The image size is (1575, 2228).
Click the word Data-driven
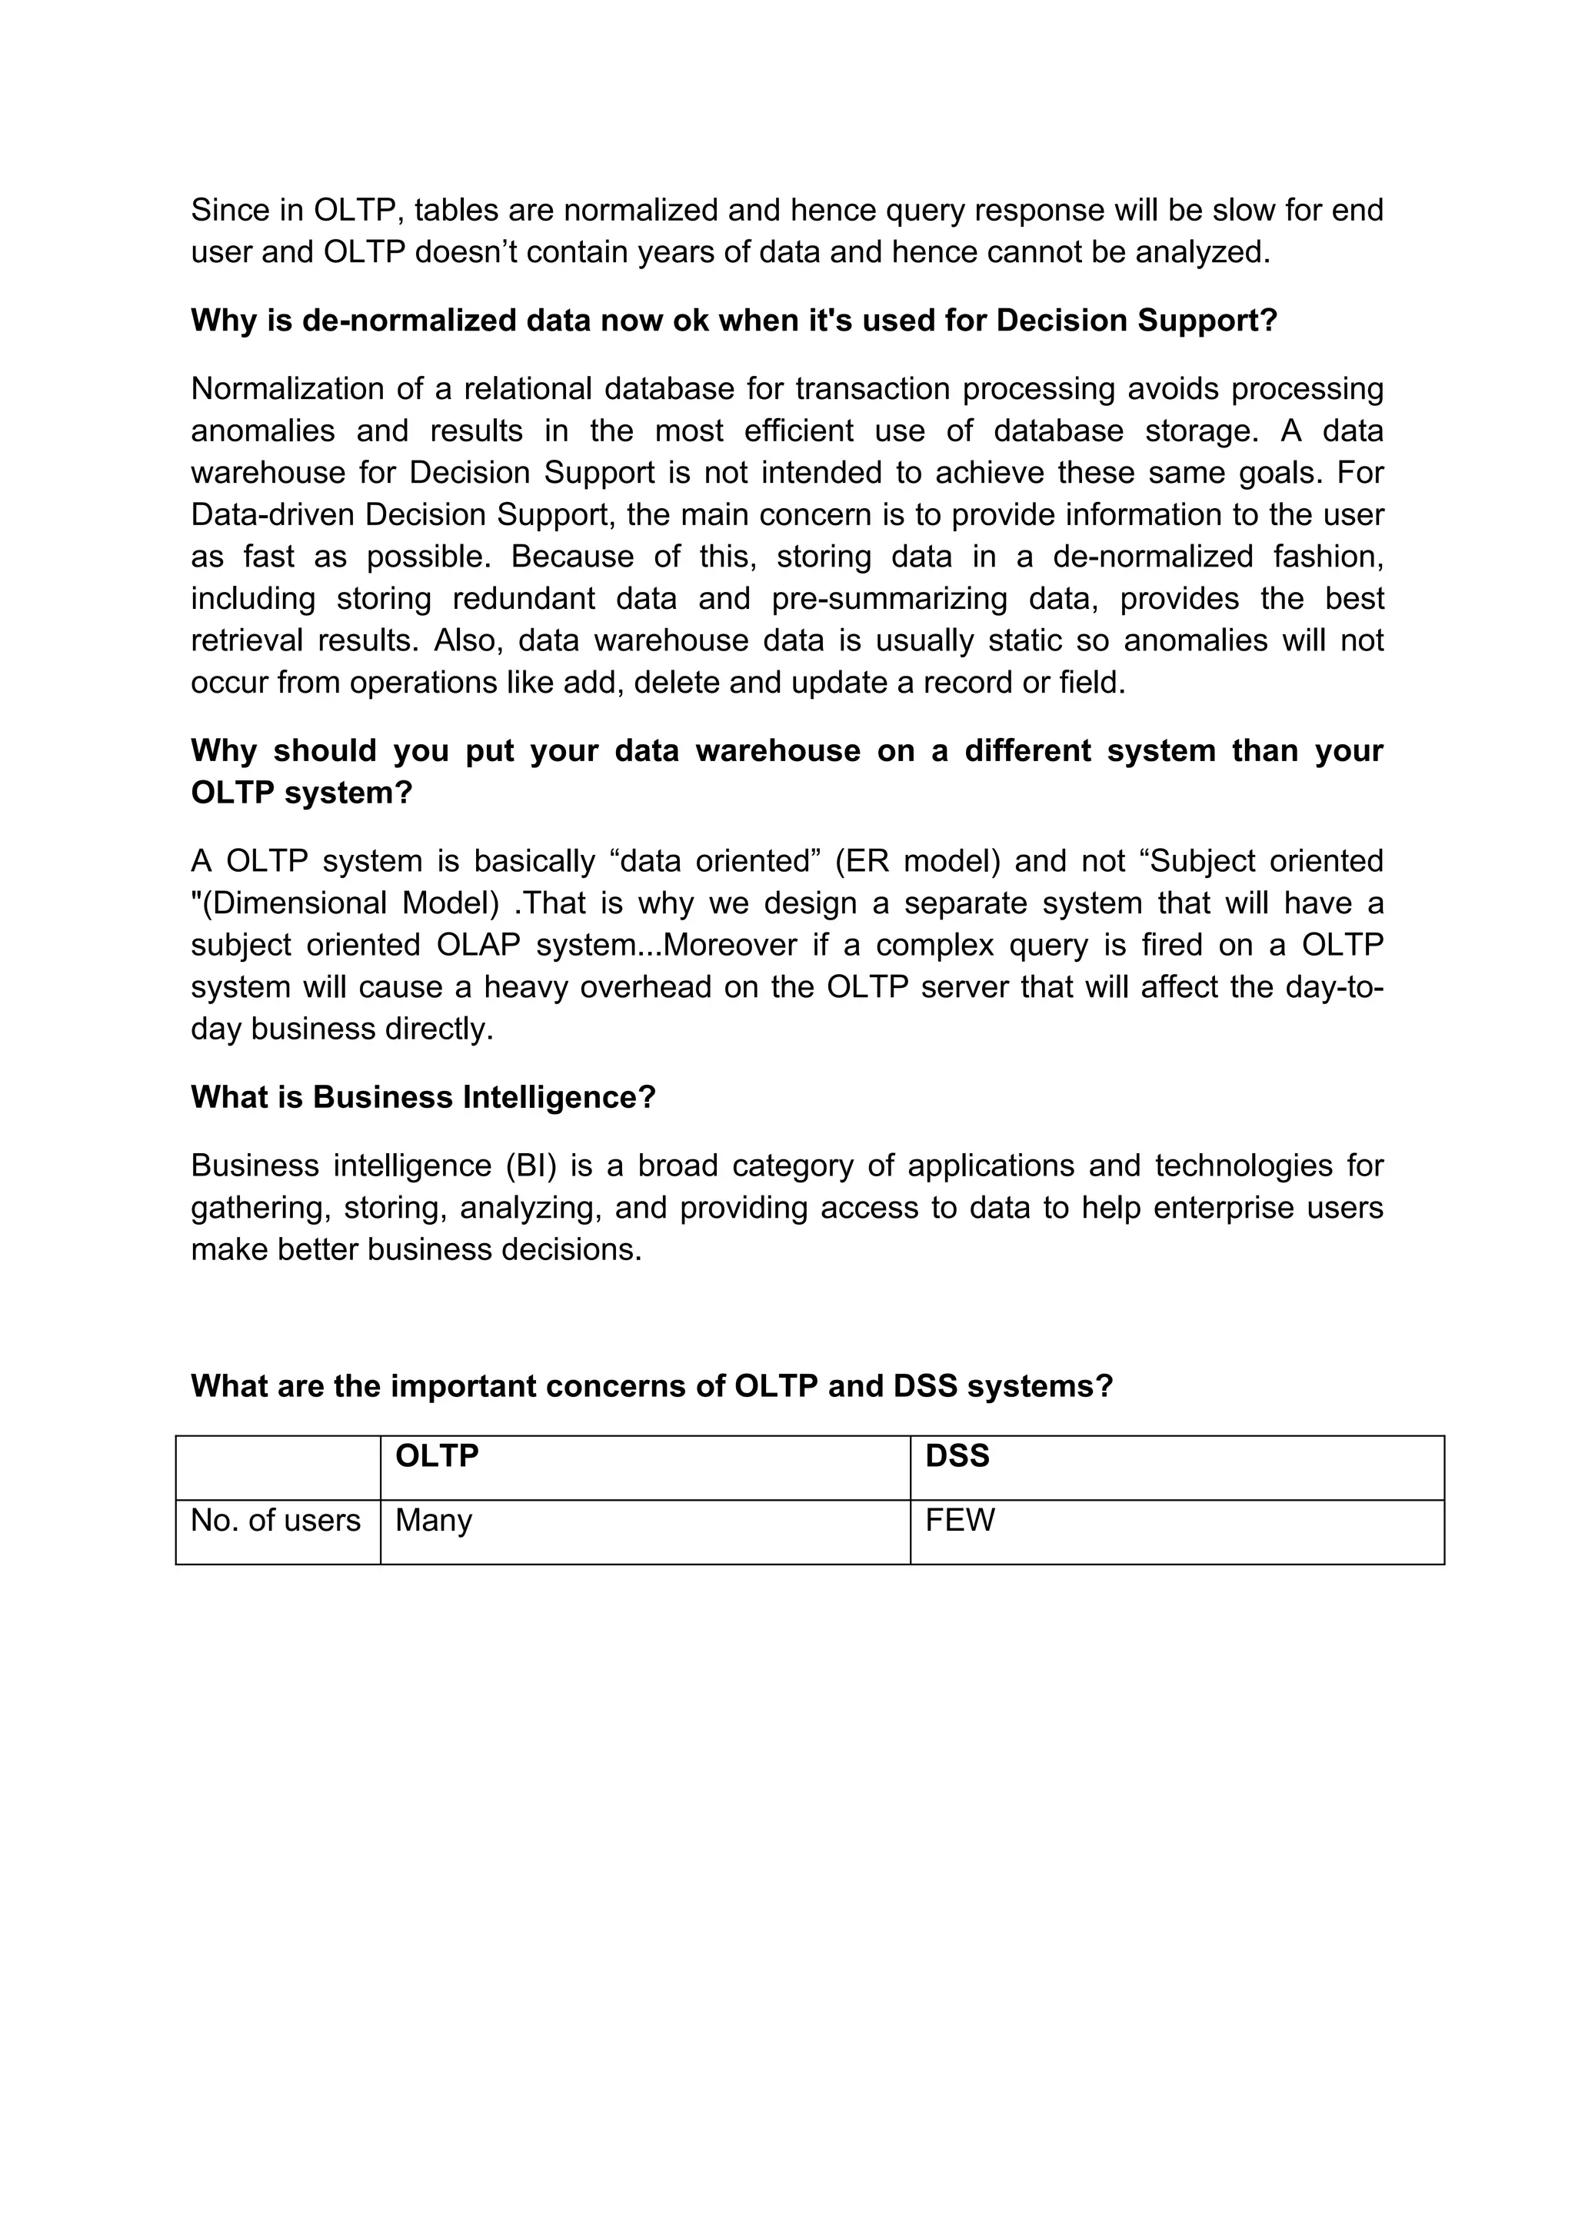pos(273,514)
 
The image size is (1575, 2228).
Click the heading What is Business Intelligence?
pos(423,1098)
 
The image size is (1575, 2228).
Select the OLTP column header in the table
pos(437,1455)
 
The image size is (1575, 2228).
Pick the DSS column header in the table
pos(957,1455)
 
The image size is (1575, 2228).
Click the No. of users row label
pos(275,1520)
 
